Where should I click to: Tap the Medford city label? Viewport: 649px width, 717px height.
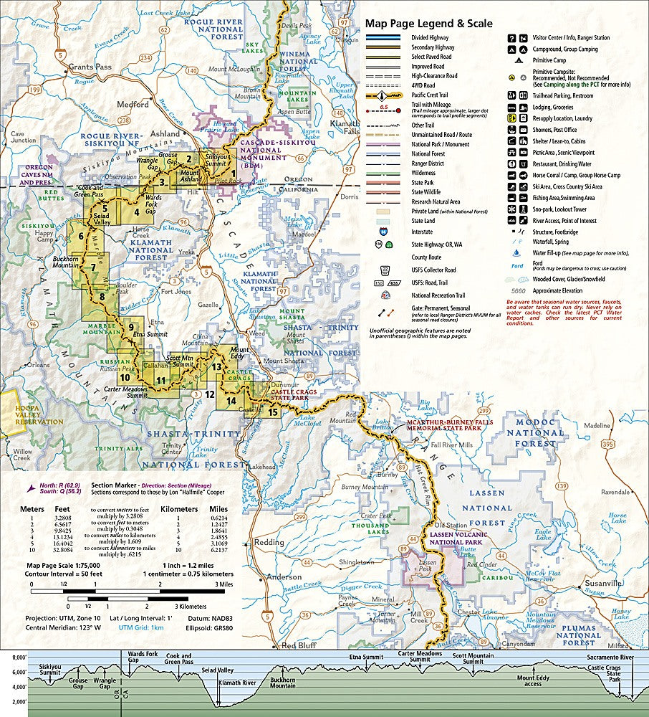coord(133,104)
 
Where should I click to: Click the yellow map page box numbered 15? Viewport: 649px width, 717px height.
coord(271,412)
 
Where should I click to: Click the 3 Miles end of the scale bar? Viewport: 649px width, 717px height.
coord(223,585)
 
